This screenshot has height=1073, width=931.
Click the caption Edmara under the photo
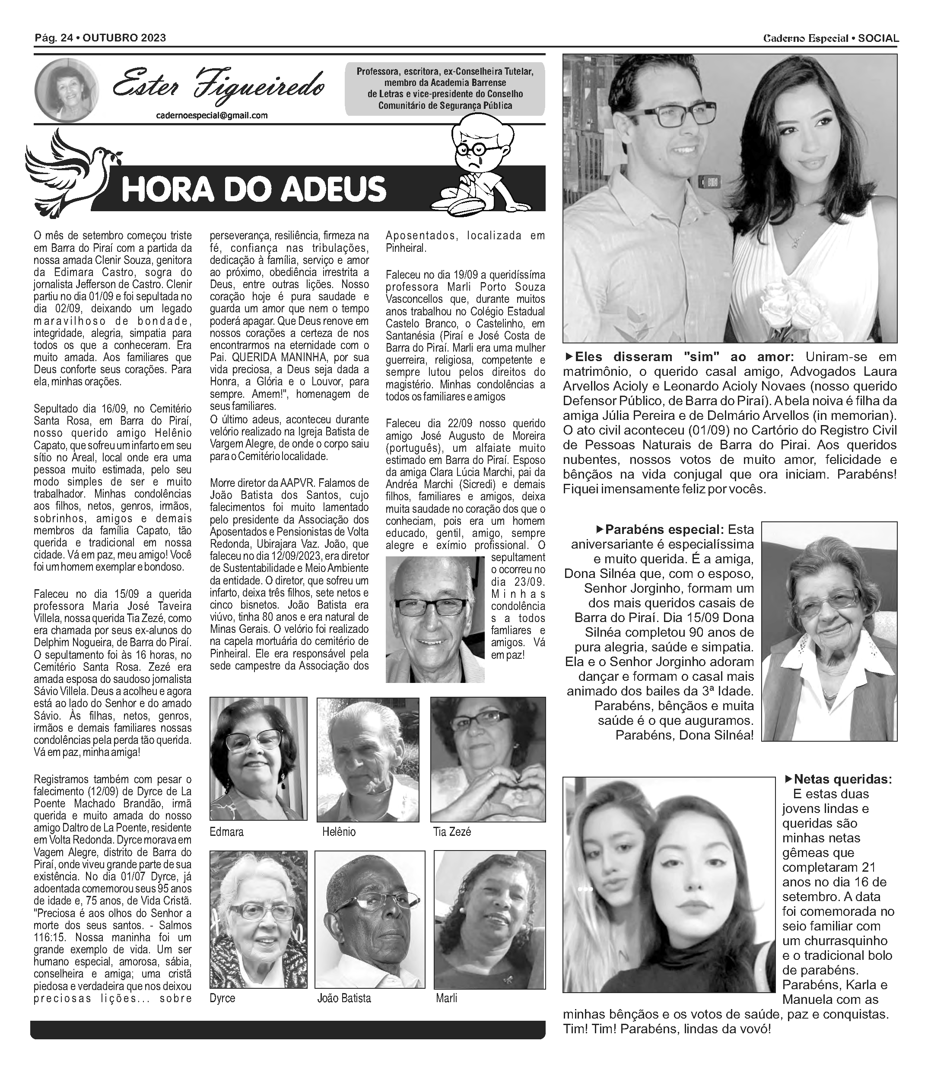point(226,832)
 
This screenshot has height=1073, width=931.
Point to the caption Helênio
point(339,832)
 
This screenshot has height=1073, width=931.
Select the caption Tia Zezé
point(452,832)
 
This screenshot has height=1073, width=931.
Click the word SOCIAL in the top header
point(878,38)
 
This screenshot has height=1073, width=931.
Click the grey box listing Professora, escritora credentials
point(445,88)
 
